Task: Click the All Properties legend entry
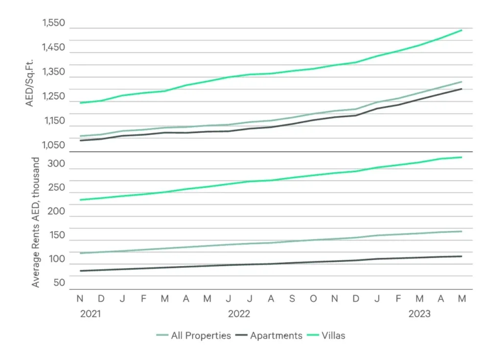[x=194, y=336]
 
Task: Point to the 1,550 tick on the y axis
[x=54, y=22]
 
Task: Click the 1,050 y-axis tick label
[x=54, y=145]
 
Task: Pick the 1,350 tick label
[x=54, y=72]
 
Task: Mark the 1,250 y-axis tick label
[x=54, y=96]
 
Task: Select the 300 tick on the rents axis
[x=57, y=164]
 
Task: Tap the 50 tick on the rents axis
[x=60, y=283]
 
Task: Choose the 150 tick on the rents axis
[x=57, y=235]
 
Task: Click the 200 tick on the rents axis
[x=57, y=211]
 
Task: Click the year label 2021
[x=90, y=314]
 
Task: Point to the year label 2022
[x=239, y=314]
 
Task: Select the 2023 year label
[x=420, y=314]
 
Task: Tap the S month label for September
[x=292, y=298]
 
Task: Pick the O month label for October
[x=314, y=298]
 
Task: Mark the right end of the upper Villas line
[x=461, y=30]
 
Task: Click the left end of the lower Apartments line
[x=80, y=271]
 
